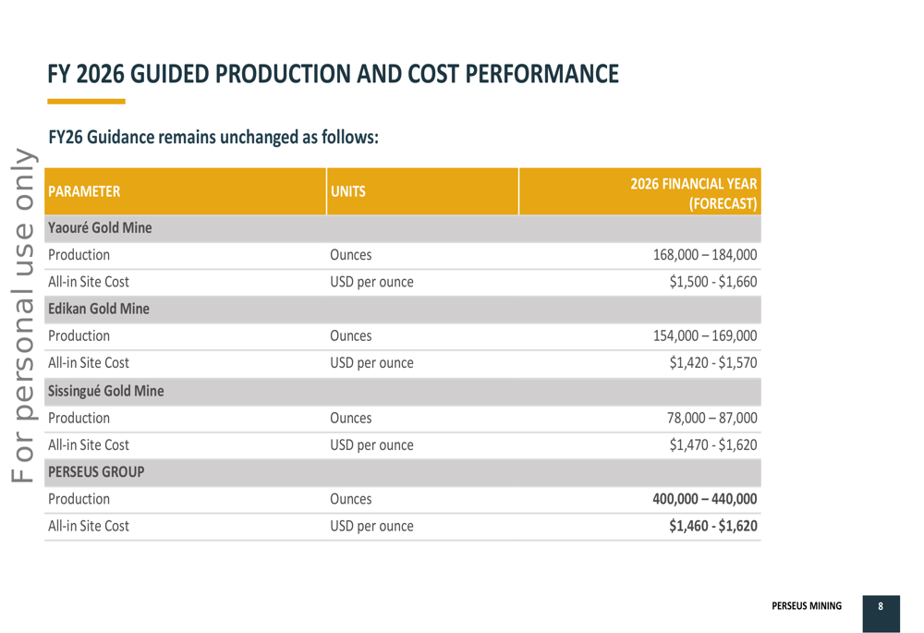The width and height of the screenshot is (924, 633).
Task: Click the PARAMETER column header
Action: [84, 192]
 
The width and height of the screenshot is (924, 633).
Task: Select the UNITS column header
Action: [348, 192]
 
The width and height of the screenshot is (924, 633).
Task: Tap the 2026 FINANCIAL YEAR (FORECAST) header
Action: [693, 193]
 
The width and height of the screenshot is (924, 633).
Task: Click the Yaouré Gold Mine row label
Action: [100, 227]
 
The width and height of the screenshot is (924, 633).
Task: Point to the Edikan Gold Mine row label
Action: [98, 309]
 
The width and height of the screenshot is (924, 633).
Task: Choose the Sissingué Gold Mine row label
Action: [105, 391]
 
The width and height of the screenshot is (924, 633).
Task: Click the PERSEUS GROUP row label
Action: [96, 472]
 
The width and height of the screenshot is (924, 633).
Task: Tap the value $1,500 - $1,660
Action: [713, 282]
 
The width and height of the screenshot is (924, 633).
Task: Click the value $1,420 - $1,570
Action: [713, 363]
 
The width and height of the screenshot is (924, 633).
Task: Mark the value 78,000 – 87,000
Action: [711, 418]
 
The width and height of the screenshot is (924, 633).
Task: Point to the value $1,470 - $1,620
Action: [713, 444]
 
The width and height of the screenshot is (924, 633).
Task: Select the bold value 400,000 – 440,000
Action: [705, 499]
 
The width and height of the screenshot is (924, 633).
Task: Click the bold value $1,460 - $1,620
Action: [713, 526]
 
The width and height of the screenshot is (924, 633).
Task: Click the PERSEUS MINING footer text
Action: [807, 607]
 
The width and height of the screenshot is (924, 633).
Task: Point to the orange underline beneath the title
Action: [86, 101]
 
